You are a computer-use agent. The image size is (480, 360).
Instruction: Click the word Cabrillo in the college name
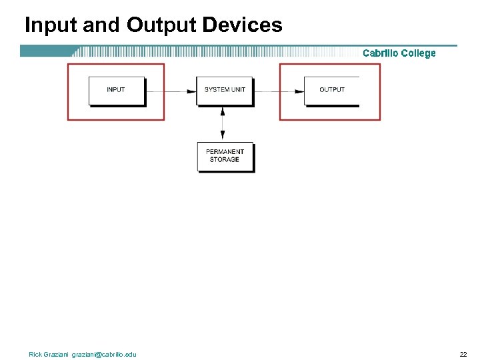click(381, 53)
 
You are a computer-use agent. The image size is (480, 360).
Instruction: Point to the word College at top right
click(419, 53)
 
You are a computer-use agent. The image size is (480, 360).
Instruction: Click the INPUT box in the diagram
click(116, 90)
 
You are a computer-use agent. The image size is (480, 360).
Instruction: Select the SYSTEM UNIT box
click(225, 90)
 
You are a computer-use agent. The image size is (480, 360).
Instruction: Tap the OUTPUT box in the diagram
click(331, 90)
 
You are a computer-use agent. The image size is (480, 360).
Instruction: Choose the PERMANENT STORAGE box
click(225, 156)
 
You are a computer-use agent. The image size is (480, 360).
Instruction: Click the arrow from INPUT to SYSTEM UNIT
click(171, 91)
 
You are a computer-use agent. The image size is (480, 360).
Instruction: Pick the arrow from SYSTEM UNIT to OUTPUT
click(279, 91)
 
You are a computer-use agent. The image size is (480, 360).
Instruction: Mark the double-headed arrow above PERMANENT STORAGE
click(223, 123)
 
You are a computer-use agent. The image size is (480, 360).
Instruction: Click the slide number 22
click(463, 354)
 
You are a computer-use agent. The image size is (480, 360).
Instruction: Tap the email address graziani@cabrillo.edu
click(104, 354)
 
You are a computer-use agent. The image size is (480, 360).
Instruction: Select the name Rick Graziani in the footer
click(49, 354)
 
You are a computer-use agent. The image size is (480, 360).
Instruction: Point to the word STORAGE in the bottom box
click(225, 160)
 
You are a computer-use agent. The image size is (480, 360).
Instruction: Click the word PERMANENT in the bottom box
click(225, 152)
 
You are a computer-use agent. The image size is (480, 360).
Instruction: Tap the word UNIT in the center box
click(239, 90)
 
